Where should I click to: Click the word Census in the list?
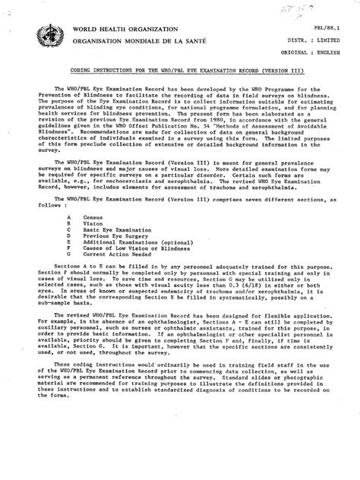coord(99,217)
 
